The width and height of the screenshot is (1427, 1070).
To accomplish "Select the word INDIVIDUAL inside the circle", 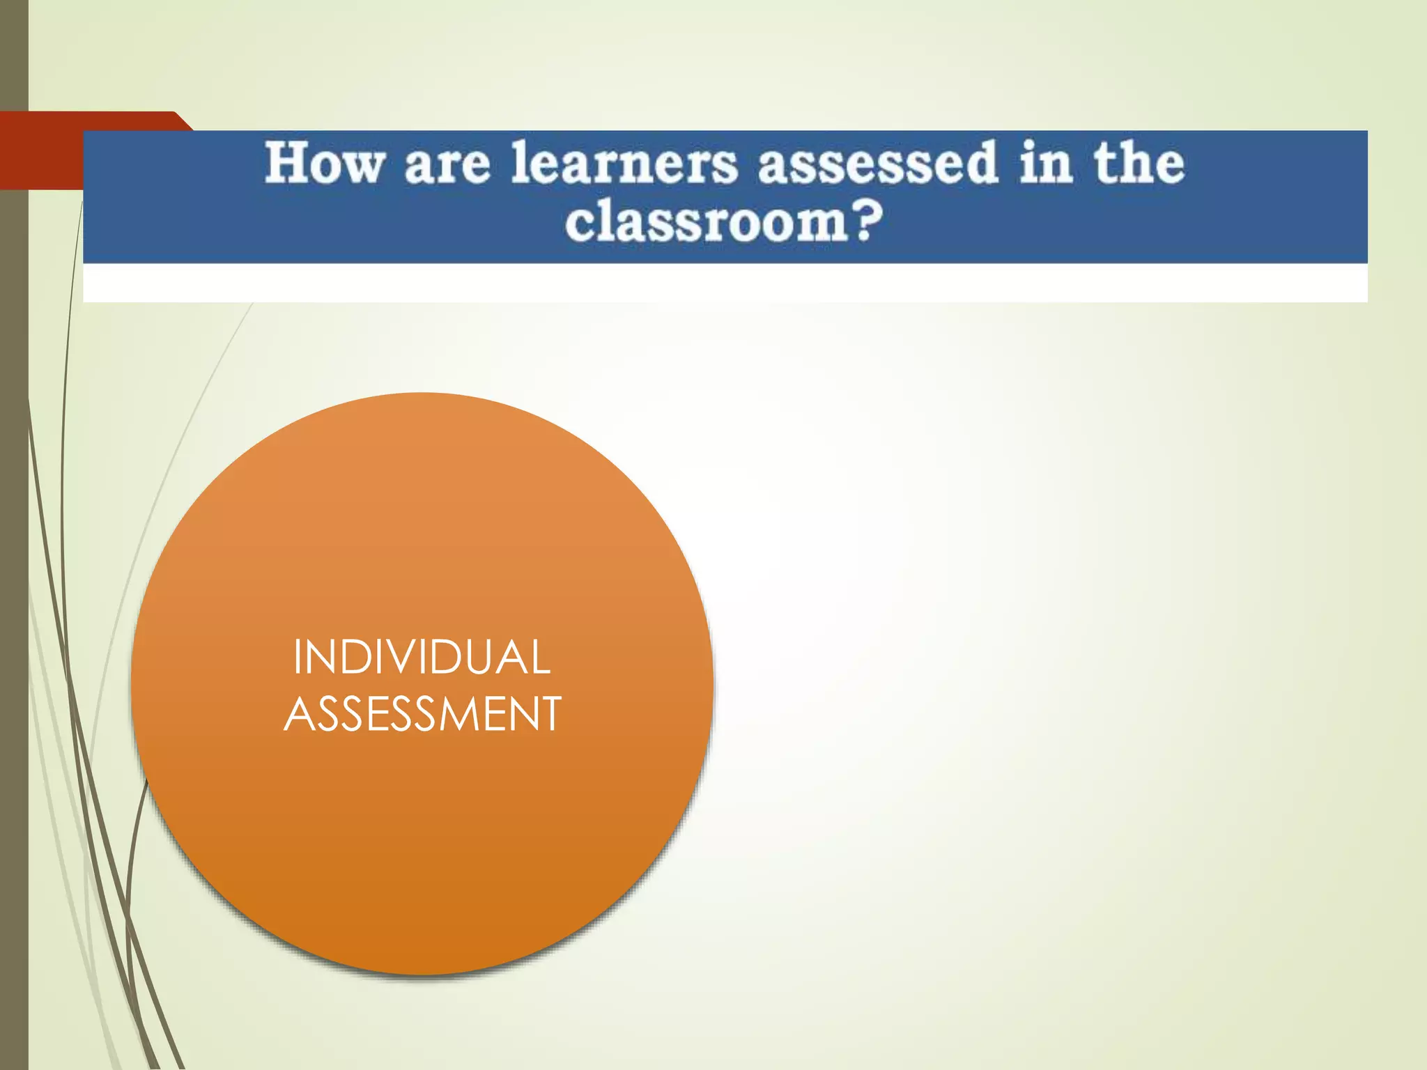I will (x=422, y=657).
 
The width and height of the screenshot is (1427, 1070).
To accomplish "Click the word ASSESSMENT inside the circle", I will (x=422, y=714).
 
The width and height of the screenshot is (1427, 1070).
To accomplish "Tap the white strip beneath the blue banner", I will (x=725, y=283).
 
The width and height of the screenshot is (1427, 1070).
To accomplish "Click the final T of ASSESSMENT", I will (x=549, y=714).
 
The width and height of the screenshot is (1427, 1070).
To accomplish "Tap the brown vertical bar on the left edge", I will (x=13, y=557).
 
